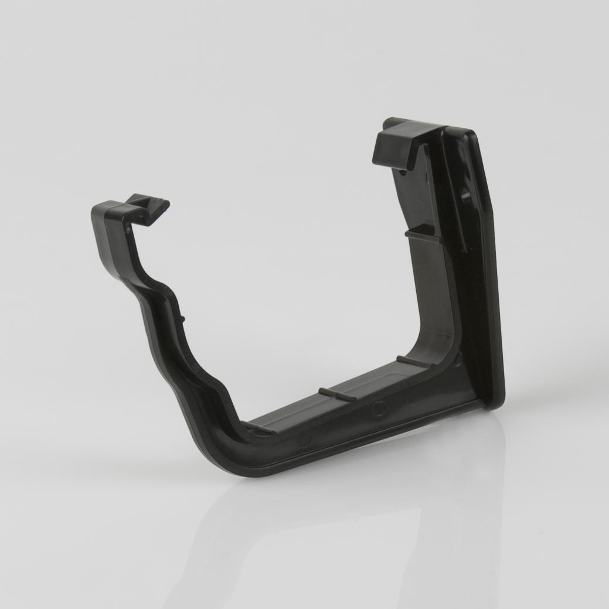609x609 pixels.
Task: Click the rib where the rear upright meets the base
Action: tap(413, 361)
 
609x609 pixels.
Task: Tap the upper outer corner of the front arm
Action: tap(96, 212)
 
